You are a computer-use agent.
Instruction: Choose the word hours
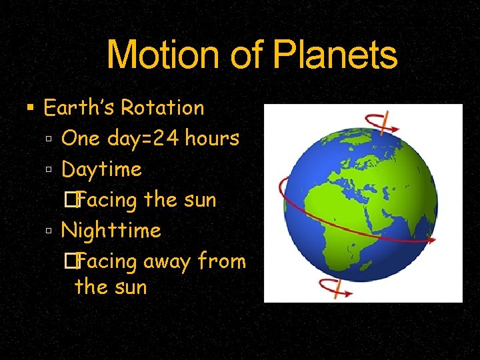point(212,138)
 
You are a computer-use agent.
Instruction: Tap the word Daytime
point(101,169)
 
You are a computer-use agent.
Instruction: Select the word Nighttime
point(111,231)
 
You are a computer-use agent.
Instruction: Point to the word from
point(223,261)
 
